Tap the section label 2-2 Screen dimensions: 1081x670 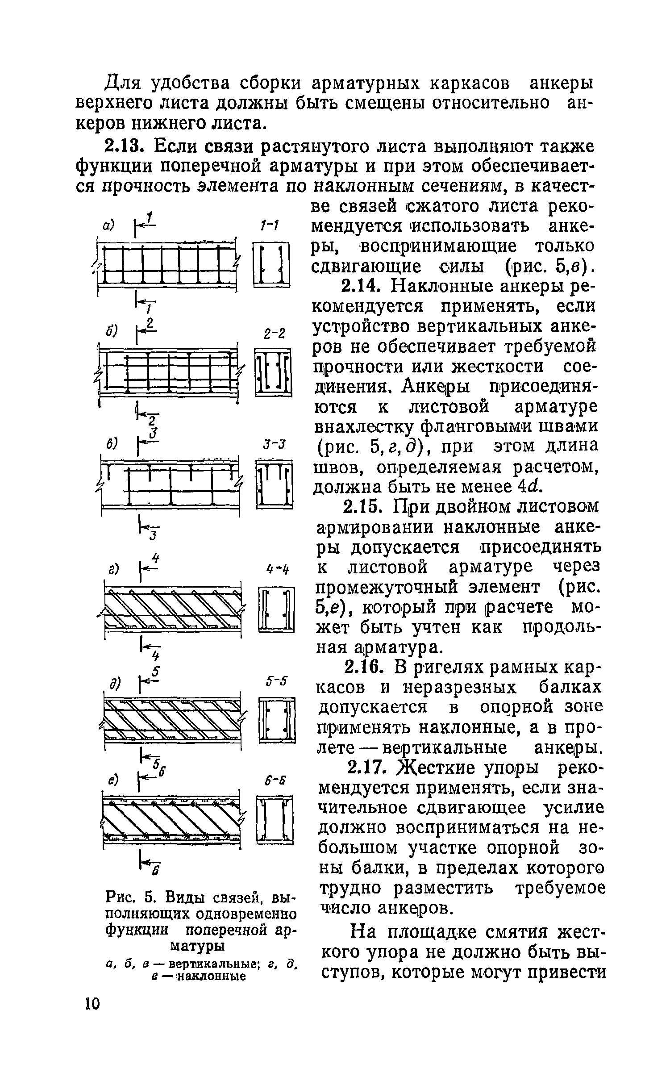pyautogui.click(x=274, y=334)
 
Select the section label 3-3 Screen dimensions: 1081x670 pyautogui.click(x=274, y=445)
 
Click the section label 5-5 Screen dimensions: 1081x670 pyautogui.click(x=277, y=681)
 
